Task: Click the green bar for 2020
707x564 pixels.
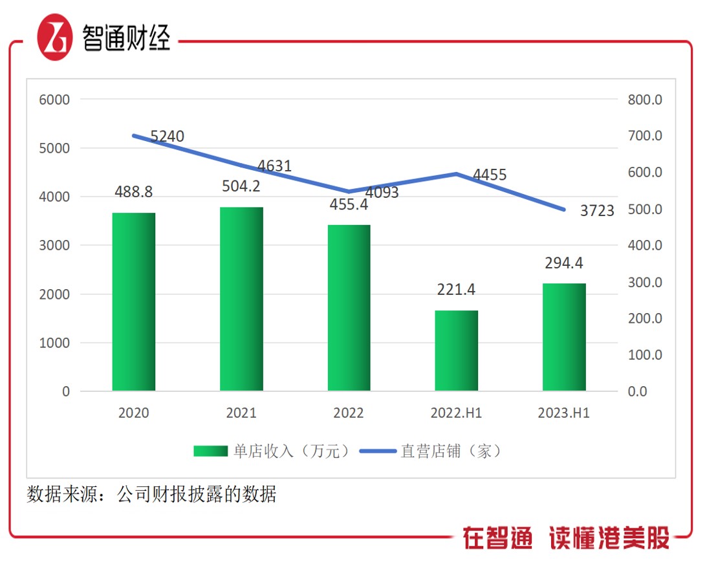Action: pyautogui.click(x=134, y=301)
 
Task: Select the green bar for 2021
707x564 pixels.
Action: pyautogui.click(x=241, y=299)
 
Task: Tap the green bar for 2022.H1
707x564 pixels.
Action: pyautogui.click(x=456, y=351)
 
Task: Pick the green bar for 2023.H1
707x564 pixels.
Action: pyautogui.click(x=564, y=337)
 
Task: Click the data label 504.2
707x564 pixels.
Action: pyautogui.click(x=241, y=187)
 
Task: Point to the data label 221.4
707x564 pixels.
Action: pyautogui.click(x=456, y=290)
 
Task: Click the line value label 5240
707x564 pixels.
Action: pyautogui.click(x=168, y=136)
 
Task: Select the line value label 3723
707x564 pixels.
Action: pyautogui.click(x=597, y=211)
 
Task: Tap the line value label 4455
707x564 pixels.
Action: pyautogui.click(x=490, y=175)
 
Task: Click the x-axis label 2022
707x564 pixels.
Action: pyautogui.click(x=349, y=413)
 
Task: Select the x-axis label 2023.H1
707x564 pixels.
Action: pyautogui.click(x=564, y=413)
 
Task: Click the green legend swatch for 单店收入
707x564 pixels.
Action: pyautogui.click(x=210, y=451)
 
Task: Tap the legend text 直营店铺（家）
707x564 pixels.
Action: pyautogui.click(x=451, y=451)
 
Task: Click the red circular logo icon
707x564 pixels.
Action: pyautogui.click(x=54, y=38)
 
